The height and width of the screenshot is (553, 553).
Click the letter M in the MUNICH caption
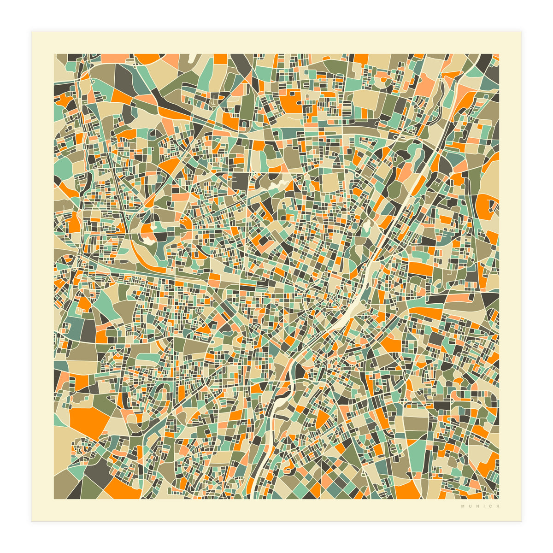click(462, 506)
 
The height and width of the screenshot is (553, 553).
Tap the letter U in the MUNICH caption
click(470, 506)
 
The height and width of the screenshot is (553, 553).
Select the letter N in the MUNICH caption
click(477, 506)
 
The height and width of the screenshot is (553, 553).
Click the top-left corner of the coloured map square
click(54, 54)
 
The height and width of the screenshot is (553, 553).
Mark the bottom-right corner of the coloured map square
click(499, 499)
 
